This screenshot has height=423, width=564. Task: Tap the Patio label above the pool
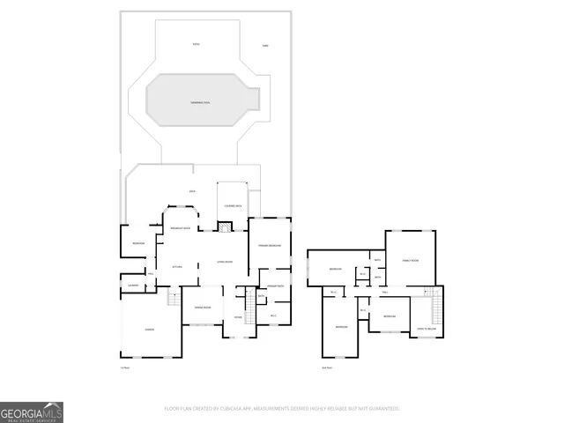coord(197,44)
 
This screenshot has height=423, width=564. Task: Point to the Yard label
coord(264,45)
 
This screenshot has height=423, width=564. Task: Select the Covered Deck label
coord(234,205)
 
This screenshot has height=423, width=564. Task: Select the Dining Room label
coord(203,307)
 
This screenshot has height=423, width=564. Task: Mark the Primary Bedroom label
coord(269,245)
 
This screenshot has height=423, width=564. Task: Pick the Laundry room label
coord(133,285)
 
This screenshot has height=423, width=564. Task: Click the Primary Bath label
coord(273,286)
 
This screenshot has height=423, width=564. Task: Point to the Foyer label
coord(238,317)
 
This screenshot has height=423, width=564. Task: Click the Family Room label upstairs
coord(411,260)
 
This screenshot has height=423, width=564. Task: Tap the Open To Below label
coord(425,329)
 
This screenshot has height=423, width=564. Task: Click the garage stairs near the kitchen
coord(174,300)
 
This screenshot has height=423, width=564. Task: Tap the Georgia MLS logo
coord(32,412)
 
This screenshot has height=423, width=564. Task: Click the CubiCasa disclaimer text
coord(282,408)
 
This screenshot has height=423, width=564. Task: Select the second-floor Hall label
coord(385,292)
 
